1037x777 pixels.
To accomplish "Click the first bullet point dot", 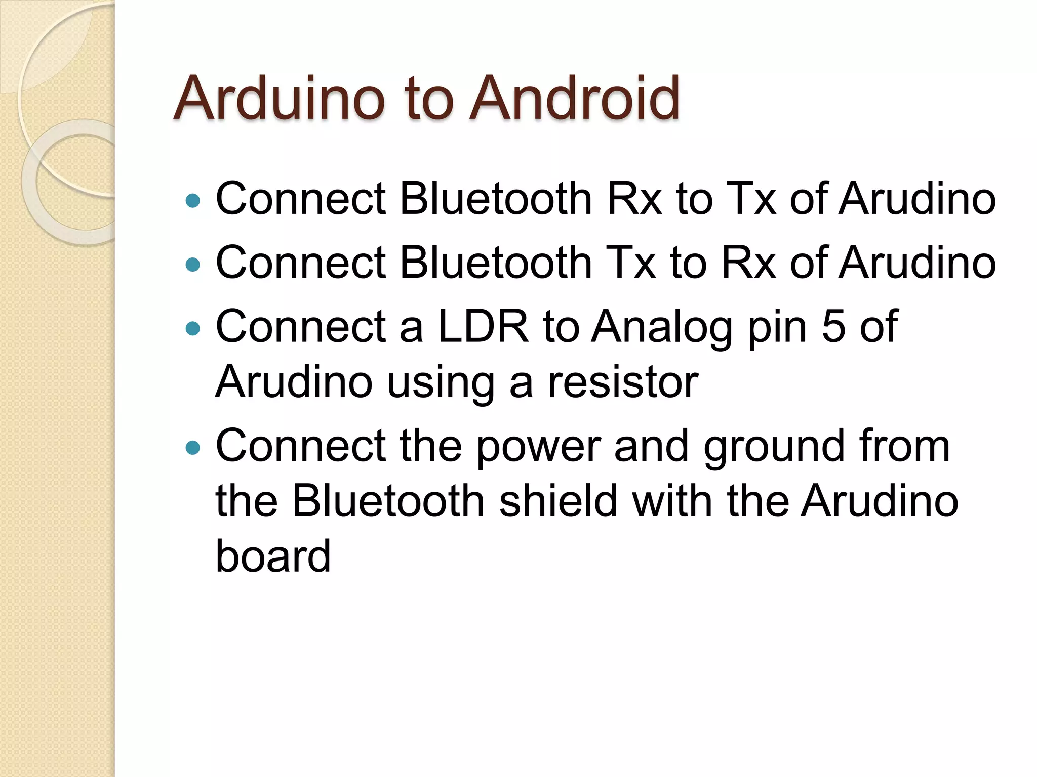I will pyautogui.click(x=193, y=201).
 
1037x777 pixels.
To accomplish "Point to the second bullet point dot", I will pyautogui.click(x=193, y=265).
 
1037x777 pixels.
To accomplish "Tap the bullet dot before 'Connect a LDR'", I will pyautogui.click(x=193, y=329).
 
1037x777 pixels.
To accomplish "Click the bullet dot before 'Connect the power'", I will pyautogui.click(x=193, y=448).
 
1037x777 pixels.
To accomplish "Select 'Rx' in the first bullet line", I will pyautogui.click(x=634, y=199).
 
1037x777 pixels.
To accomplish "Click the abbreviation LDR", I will pyautogui.click(x=483, y=327).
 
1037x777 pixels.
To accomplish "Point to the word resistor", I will pyautogui.click(x=623, y=382).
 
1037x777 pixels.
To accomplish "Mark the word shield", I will pyautogui.click(x=558, y=501).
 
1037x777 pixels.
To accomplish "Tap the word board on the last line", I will pyautogui.click(x=273, y=556).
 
